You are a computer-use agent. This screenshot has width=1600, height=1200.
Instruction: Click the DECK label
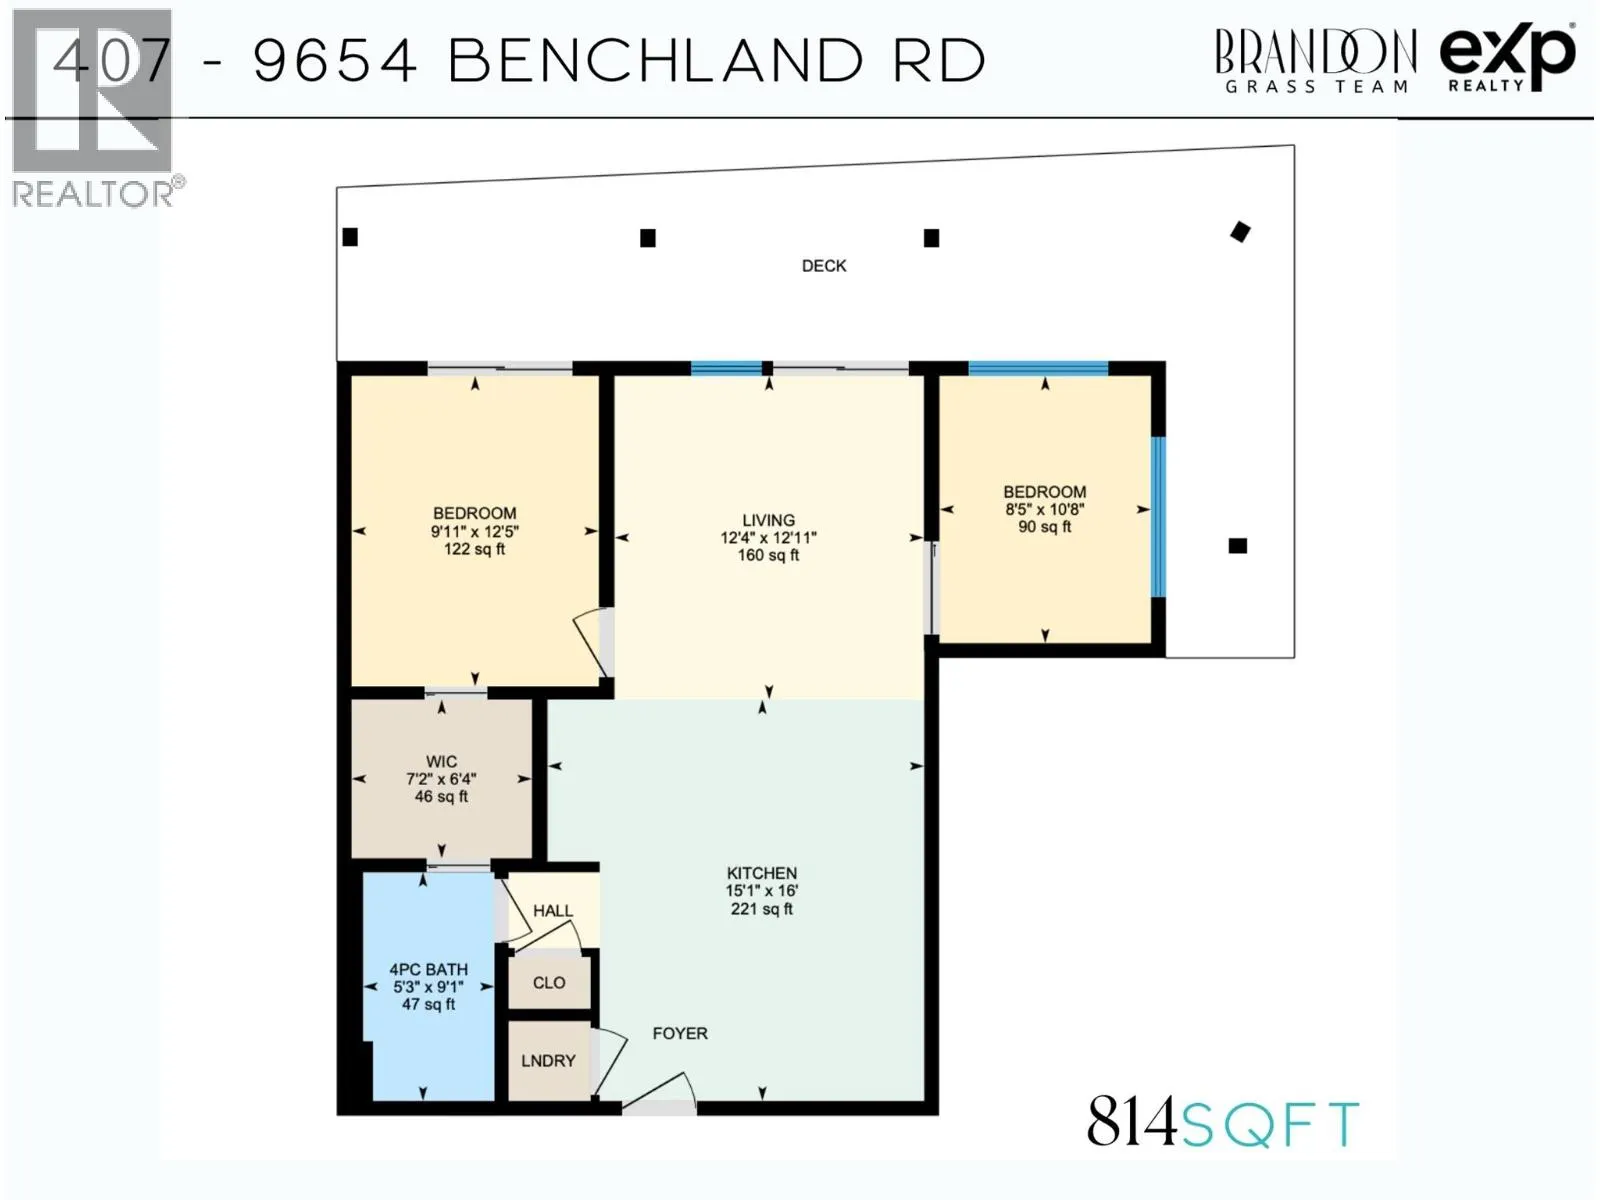[x=824, y=266]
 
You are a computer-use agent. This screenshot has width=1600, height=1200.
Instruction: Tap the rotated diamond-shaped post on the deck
[x=1240, y=232]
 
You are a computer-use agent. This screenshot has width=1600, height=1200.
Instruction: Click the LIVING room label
[x=768, y=520]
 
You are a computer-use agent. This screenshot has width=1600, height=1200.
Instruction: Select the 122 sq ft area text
[x=474, y=549]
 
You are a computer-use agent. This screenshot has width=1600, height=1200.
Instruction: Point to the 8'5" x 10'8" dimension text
[x=1044, y=509]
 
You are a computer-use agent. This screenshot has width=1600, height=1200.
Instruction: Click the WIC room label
[x=441, y=761]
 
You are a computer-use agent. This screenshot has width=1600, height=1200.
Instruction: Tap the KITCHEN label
[x=761, y=873]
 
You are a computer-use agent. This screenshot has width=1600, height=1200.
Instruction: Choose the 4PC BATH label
[x=428, y=969]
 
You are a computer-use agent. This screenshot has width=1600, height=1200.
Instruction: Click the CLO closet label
[x=549, y=983]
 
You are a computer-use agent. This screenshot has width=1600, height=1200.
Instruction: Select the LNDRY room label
[x=548, y=1061]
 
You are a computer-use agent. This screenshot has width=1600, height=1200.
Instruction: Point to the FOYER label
[x=680, y=1033]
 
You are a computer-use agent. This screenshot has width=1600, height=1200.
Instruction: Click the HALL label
[x=552, y=911]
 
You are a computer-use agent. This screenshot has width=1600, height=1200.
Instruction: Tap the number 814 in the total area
[x=1131, y=1122]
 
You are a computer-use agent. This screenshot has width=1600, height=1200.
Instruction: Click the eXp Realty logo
[x=1507, y=58]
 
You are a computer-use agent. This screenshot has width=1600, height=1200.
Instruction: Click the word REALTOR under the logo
[x=93, y=194]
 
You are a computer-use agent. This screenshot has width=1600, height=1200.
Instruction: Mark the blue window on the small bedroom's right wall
[x=1158, y=516]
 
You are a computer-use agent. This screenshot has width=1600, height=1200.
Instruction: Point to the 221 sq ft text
[x=761, y=909]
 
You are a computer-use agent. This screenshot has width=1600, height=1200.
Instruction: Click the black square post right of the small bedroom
[x=1238, y=546]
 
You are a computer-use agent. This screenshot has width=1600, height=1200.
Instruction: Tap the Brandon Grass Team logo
[x=1315, y=60]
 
